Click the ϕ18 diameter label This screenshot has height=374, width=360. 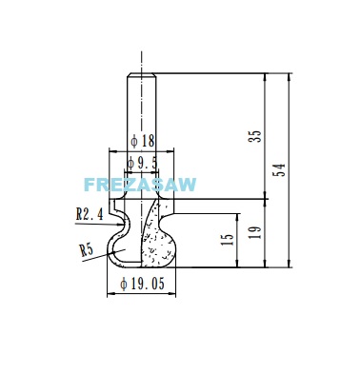click(x=143, y=141)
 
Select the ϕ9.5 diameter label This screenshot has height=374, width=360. click(x=142, y=164)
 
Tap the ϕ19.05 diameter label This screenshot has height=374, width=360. click(x=143, y=284)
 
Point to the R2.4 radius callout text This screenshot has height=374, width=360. click(x=90, y=214)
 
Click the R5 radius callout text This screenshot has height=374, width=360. click(x=87, y=250)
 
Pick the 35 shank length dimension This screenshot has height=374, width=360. click(x=255, y=136)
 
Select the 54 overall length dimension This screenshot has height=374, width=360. click(x=279, y=170)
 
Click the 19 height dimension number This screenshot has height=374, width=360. click(x=255, y=232)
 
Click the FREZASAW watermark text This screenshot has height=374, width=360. click(x=140, y=185)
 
